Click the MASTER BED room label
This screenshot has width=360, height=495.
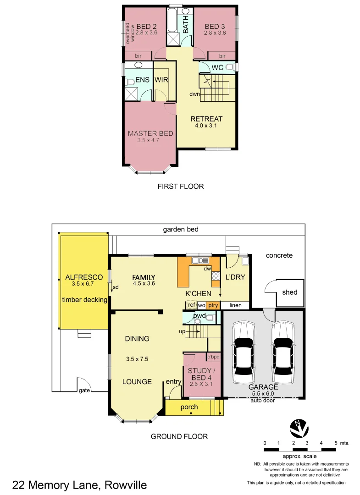coord(150,133)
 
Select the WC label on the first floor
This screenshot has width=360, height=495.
coord(217,68)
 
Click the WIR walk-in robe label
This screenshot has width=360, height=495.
coord(161,80)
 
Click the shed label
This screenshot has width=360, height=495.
coord(289,292)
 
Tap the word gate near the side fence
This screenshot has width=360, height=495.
coord(84,390)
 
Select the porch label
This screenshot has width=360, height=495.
coord(189,407)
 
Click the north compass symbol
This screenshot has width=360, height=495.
coord(299,428)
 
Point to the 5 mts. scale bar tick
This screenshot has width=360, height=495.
coord(336,443)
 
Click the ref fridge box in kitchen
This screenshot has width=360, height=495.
coord(191,305)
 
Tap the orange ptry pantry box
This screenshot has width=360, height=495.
coord(213,305)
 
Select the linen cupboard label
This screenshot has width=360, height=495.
coord(235,305)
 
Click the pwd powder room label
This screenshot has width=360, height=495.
coord(199,316)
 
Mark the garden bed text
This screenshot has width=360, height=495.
coord(181,229)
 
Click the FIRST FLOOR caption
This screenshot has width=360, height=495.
coord(180,187)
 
